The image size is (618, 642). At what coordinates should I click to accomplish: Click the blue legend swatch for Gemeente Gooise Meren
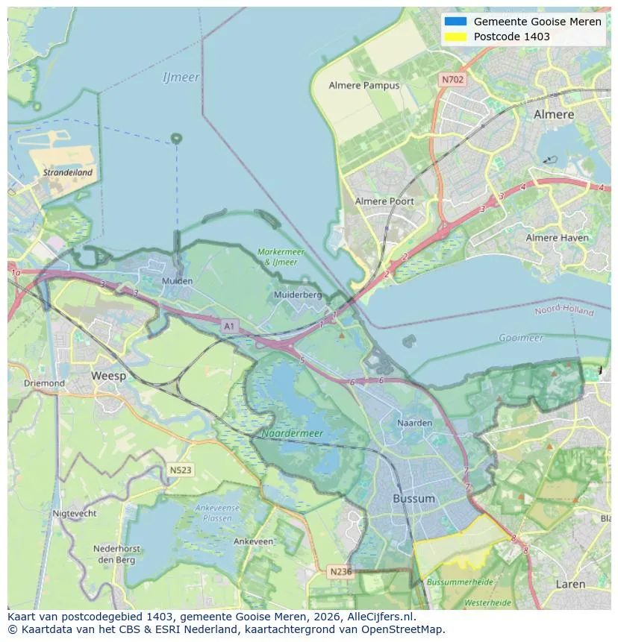coord(455,22)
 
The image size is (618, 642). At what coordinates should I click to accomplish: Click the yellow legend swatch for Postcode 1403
coord(455,37)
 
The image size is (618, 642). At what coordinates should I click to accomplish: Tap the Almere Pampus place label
coord(364,86)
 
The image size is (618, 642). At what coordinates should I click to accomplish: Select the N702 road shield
coord(452,79)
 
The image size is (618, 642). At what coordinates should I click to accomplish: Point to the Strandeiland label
coord(68,172)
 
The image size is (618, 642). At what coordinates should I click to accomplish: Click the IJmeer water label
coord(181,78)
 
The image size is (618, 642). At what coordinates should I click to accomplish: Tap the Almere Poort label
coord(384,201)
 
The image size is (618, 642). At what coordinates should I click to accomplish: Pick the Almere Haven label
coord(557,238)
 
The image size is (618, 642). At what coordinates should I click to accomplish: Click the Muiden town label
coord(177,281)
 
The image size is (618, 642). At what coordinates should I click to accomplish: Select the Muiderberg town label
coord(298,295)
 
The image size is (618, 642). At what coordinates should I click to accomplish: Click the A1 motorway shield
coord(229,326)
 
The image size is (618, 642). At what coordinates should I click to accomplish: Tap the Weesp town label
coord(108,376)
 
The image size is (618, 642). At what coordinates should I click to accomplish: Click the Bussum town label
coord(413,498)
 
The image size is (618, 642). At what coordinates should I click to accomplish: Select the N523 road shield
coord(180,470)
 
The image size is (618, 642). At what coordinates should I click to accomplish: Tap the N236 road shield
coord(340,571)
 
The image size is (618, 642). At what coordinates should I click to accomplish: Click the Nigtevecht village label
coord(75,513)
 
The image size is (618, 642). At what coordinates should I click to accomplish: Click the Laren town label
coord(570,584)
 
